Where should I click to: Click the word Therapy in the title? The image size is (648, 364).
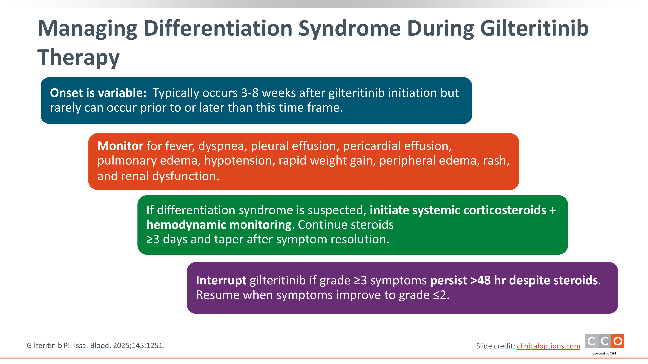click(x=78, y=57)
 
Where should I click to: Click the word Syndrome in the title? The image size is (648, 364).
click(x=349, y=28)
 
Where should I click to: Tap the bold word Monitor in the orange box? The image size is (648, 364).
click(x=120, y=146)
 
